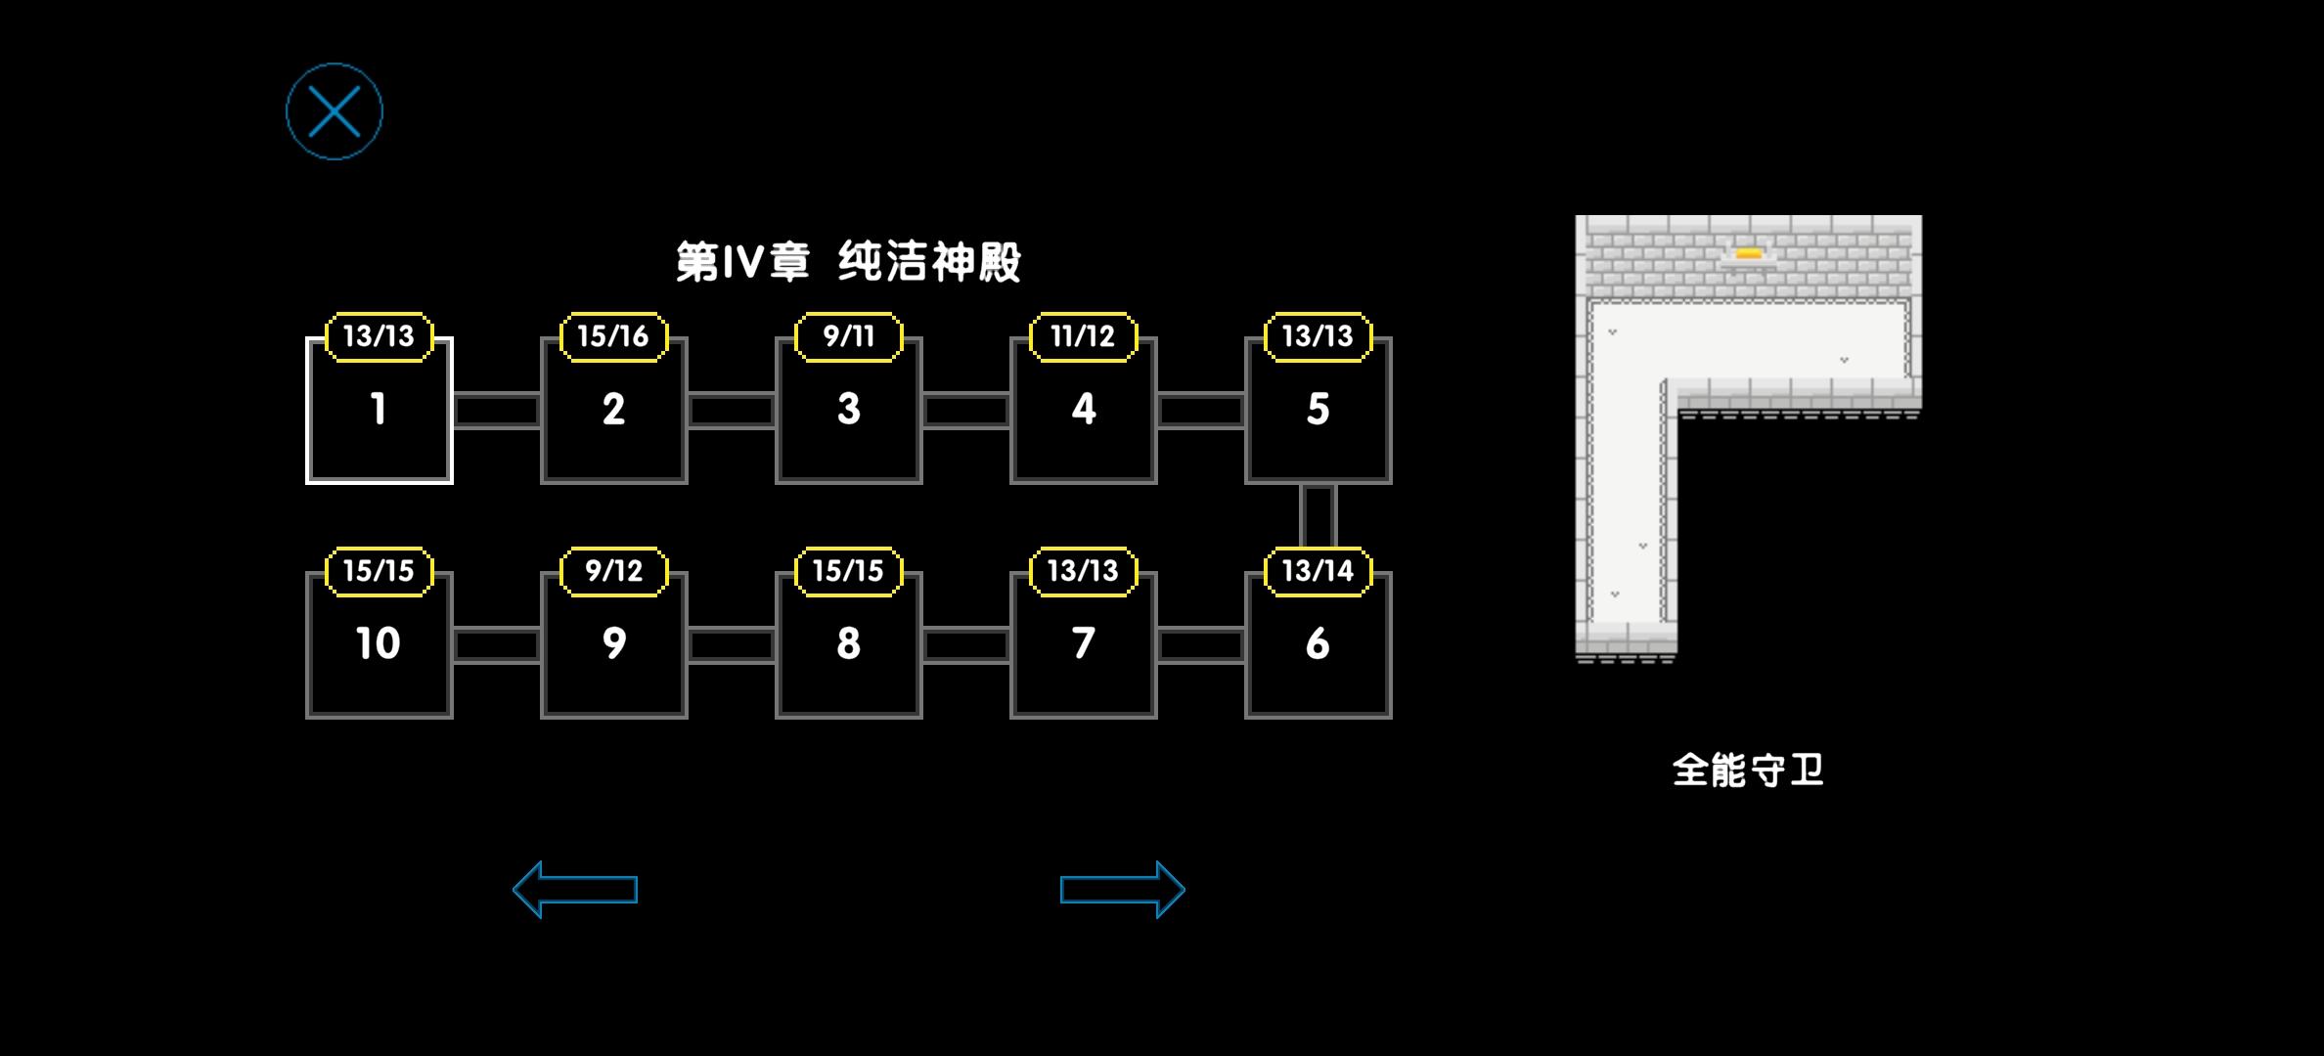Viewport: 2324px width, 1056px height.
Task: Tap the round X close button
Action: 335,111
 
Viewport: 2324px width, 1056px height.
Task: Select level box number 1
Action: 380,411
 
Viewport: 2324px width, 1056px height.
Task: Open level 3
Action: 849,411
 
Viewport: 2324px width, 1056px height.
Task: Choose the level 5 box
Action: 1318,411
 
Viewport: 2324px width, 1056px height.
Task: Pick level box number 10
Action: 380,645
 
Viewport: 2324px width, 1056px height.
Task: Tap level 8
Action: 849,645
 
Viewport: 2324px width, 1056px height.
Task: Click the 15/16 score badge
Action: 614,336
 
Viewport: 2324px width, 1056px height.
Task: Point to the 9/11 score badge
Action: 849,336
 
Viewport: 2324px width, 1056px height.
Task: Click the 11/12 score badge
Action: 1084,336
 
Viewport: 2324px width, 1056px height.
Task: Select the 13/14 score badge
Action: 1318,571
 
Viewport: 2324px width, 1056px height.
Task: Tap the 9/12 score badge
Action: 614,571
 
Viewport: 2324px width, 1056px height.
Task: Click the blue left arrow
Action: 575,890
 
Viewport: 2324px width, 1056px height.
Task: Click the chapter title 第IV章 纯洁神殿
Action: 849,262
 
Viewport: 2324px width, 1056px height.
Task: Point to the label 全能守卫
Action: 1749,770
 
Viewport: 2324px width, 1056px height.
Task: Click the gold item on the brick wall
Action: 1749,255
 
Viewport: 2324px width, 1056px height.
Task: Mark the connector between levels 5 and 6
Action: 1318,516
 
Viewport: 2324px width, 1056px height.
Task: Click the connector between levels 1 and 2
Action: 497,411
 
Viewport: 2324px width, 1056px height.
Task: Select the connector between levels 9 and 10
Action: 497,645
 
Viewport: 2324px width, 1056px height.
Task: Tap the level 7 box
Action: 1084,645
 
